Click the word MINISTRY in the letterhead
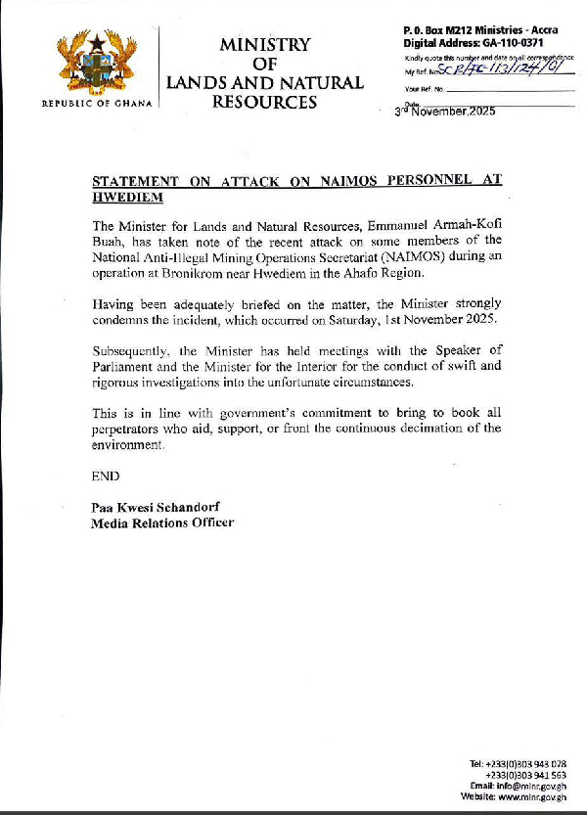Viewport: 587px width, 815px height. coord(264,45)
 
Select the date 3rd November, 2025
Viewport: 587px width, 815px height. coord(445,112)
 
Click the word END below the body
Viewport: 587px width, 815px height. coord(106,476)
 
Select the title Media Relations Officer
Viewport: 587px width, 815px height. coord(162,522)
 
